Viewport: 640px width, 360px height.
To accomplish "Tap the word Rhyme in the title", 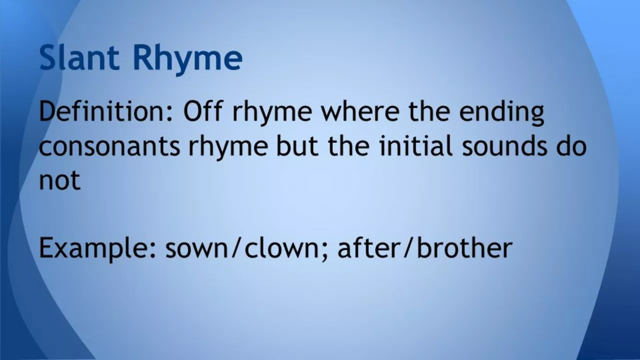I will tap(187, 59).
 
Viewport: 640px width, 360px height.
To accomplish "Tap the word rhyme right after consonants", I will tap(227, 147).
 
